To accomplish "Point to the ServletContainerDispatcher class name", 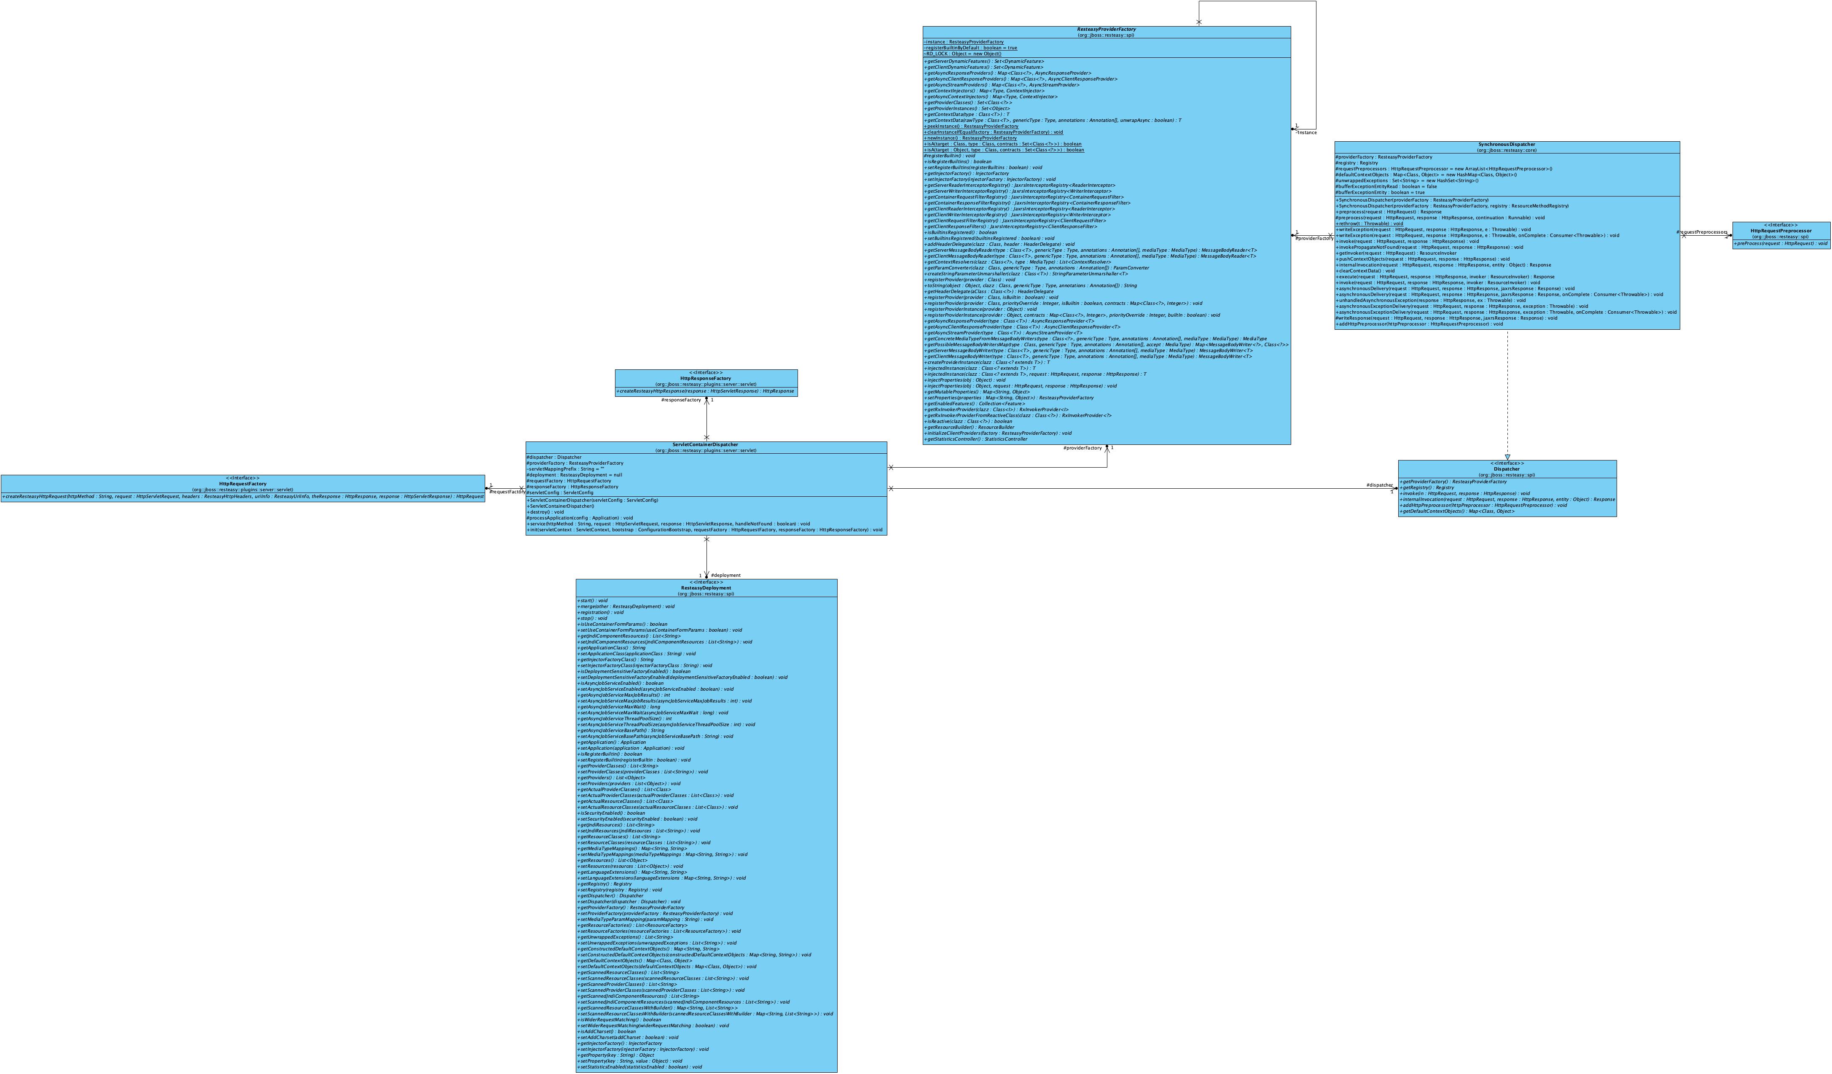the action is click(x=705, y=444).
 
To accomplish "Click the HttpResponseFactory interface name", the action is click(x=705, y=378).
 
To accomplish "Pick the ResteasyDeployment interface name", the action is click(x=706, y=587).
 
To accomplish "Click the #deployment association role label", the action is click(x=725, y=575).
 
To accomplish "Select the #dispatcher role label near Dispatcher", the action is click(x=1379, y=485).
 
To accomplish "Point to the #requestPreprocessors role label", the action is click(x=1701, y=233).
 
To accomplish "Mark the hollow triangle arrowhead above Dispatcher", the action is click(x=1507, y=457).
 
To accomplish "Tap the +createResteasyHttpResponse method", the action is click(x=705, y=391).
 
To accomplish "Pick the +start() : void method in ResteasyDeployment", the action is click(x=593, y=600).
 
